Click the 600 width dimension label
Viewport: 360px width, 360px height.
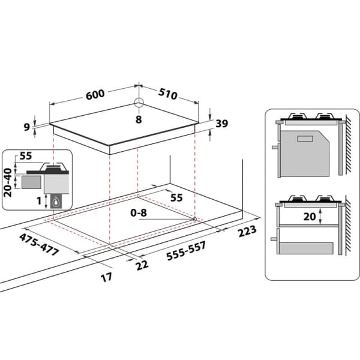click(95, 94)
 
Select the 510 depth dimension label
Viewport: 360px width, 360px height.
click(168, 94)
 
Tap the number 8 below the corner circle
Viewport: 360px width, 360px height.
click(139, 119)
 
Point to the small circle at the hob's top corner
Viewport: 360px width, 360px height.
click(139, 103)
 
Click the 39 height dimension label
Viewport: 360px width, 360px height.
click(222, 124)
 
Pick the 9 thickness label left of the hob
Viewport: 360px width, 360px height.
click(27, 127)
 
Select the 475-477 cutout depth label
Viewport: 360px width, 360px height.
click(39, 245)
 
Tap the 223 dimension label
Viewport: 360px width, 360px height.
click(247, 231)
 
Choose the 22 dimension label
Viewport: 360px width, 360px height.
click(142, 265)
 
